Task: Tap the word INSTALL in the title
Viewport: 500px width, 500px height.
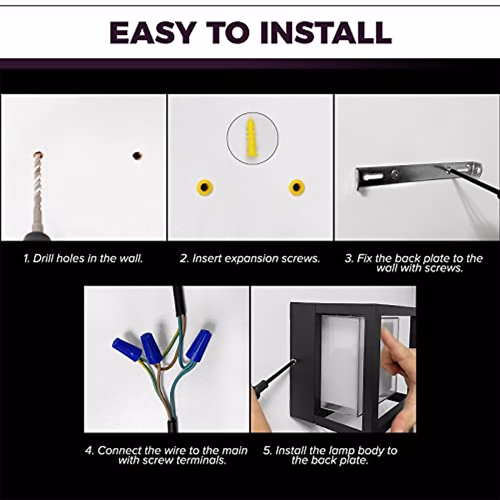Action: point(326,33)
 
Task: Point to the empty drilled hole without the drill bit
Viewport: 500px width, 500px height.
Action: point(137,156)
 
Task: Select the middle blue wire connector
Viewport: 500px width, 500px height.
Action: point(151,347)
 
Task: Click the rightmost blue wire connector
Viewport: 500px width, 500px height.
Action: point(199,345)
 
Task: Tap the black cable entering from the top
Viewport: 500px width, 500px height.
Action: point(180,302)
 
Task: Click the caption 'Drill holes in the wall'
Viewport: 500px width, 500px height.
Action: point(83,258)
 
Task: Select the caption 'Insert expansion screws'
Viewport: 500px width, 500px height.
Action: point(250,258)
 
